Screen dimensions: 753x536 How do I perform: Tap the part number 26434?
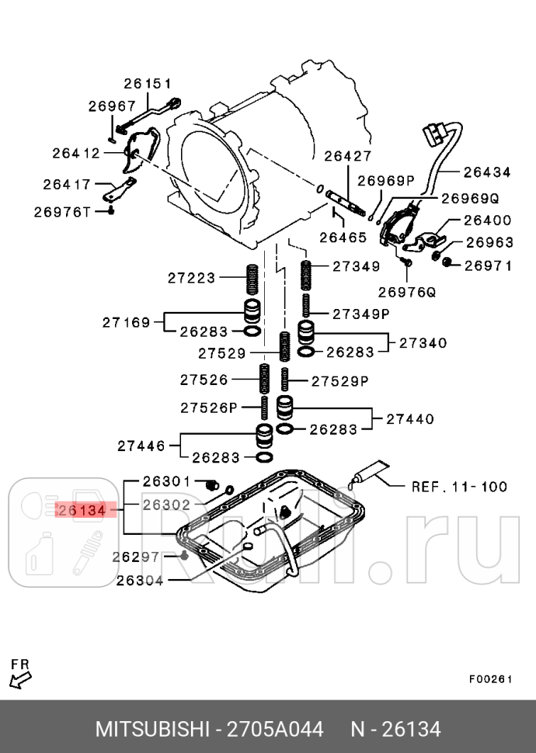(487, 172)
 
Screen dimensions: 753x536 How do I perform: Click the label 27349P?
(361, 314)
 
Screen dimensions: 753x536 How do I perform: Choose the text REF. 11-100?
(458, 488)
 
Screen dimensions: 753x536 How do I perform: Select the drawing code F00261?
(490, 678)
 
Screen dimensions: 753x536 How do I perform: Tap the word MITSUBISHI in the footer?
(152, 730)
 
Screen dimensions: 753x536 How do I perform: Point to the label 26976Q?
(407, 293)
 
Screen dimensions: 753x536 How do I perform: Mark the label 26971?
(488, 266)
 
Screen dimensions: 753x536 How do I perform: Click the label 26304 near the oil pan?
(140, 580)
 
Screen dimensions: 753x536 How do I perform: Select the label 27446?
(142, 446)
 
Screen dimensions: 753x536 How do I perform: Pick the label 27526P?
(208, 407)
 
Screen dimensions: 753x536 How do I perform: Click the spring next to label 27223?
(252, 279)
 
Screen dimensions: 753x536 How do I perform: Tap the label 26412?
(76, 153)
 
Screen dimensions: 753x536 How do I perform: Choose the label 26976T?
(62, 211)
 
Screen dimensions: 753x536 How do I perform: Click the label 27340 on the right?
(423, 342)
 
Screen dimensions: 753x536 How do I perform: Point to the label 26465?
(343, 237)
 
